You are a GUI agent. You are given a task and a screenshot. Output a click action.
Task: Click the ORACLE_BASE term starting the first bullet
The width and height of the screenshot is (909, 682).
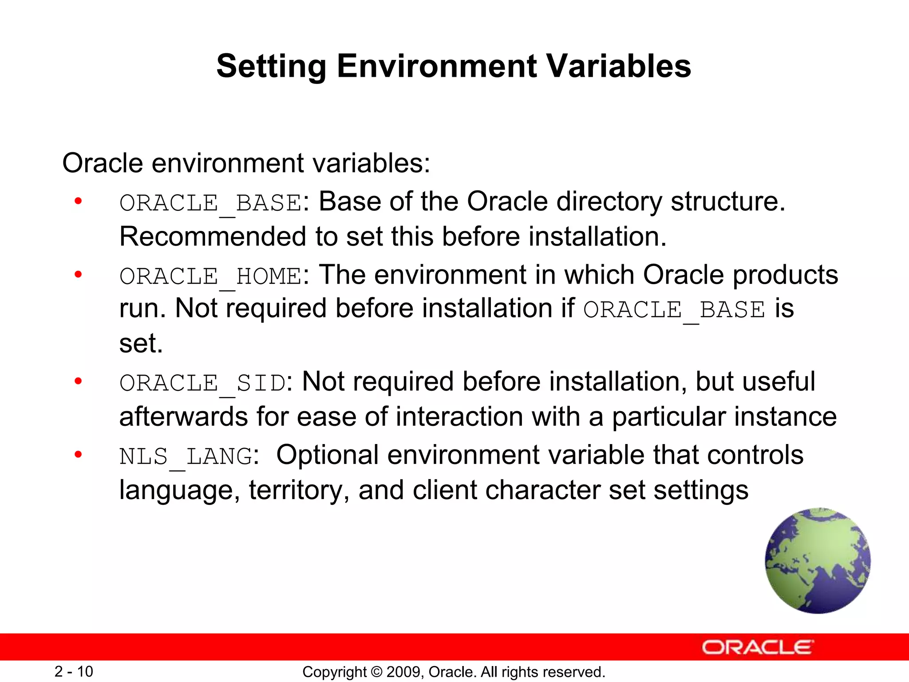[211, 203]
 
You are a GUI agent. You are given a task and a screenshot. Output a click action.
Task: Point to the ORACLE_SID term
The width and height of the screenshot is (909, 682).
[202, 383]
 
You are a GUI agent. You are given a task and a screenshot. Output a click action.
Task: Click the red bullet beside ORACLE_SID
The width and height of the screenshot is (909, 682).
[79, 381]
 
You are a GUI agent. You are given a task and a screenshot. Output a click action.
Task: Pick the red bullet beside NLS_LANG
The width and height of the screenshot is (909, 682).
[79, 454]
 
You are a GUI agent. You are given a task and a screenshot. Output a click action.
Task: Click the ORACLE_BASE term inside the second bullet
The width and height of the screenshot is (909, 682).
[674, 310]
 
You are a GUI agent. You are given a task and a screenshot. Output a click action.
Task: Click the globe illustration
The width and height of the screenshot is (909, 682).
[818, 561]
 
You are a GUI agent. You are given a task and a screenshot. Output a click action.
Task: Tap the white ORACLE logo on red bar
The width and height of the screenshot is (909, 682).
[758, 647]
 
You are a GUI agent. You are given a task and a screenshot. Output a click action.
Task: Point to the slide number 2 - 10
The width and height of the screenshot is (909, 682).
[74, 671]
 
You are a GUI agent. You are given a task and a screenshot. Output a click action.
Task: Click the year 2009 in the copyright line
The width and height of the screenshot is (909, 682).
[401, 672]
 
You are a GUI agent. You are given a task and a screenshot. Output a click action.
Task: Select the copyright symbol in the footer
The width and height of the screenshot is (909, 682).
[376, 672]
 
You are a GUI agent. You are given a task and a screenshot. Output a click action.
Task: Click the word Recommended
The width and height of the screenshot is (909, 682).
[213, 237]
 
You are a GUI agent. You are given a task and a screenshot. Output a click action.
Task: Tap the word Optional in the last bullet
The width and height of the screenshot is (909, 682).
[327, 455]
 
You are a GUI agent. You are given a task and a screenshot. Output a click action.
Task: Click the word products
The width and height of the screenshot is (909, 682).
[785, 275]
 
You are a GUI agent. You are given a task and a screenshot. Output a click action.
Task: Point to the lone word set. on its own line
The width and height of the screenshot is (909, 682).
[141, 344]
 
